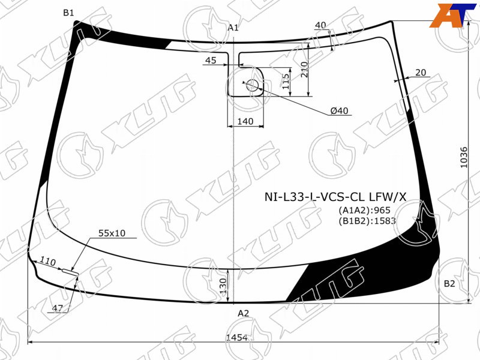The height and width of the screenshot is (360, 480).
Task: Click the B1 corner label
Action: tap(68, 13)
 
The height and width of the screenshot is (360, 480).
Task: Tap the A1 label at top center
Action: tap(233, 28)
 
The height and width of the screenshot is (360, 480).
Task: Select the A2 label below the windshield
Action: tap(244, 313)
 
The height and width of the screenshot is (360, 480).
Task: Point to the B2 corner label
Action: tap(449, 284)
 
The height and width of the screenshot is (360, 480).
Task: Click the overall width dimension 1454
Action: tap(236, 337)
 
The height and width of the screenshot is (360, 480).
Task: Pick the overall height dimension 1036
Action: tap(464, 157)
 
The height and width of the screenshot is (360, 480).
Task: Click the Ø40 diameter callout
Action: tap(339, 110)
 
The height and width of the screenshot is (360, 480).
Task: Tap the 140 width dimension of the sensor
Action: tap(245, 122)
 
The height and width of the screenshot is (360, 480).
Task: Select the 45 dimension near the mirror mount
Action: tap(211, 61)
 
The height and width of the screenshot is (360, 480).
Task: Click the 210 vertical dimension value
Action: tap(304, 69)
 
